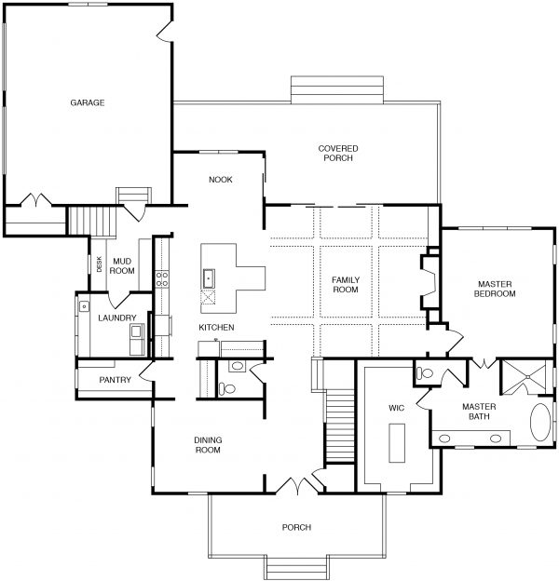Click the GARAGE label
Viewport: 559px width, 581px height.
pyautogui.click(x=87, y=102)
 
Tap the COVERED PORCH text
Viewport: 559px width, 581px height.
pyautogui.click(x=338, y=154)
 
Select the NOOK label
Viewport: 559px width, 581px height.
pyautogui.click(x=220, y=180)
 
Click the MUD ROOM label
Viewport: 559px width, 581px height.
pyautogui.click(x=123, y=265)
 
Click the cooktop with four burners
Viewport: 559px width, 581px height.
pyautogui.click(x=160, y=277)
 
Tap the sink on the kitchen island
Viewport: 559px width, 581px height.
pyautogui.click(x=209, y=277)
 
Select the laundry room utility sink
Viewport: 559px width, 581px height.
pyautogui.click(x=84, y=305)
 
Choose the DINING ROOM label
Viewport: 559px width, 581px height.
pyautogui.click(x=207, y=445)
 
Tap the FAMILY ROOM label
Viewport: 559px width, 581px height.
pyautogui.click(x=346, y=284)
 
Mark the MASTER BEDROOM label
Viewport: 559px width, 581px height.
pyautogui.click(x=496, y=289)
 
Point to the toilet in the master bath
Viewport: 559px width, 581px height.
pyautogui.click(x=425, y=372)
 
